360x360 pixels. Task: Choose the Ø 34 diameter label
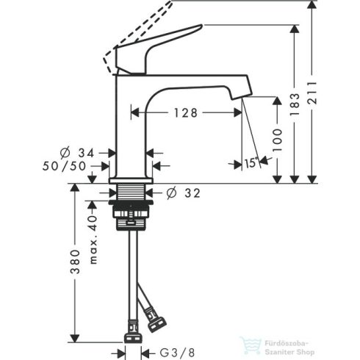click(x=76, y=152)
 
